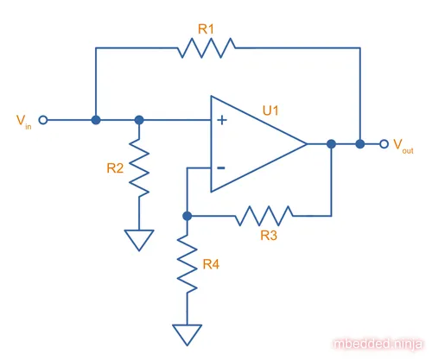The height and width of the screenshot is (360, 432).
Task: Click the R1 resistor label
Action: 206,29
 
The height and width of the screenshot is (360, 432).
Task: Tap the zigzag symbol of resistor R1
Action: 206,47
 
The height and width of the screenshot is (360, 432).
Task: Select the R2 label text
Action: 115,168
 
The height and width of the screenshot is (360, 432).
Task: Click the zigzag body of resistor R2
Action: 139,168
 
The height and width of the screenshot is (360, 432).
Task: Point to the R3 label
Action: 269,236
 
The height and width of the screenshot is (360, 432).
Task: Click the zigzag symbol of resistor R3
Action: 264,216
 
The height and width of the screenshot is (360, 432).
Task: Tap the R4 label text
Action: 211,264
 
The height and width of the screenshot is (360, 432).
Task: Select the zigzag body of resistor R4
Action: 187,264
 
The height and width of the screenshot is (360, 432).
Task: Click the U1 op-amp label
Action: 270,111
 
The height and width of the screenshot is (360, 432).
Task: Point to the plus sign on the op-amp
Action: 222,120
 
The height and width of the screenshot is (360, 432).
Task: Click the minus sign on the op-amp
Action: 221,167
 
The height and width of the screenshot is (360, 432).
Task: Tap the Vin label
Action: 23,122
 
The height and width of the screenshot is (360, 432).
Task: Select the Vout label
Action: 403,146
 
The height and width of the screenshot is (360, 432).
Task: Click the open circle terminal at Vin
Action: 43,120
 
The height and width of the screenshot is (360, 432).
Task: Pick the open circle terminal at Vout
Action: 384,144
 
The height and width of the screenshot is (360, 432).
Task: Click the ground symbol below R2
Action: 139,240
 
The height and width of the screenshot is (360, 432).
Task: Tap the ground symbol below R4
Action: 187,335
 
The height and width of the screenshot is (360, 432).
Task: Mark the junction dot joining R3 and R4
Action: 187,216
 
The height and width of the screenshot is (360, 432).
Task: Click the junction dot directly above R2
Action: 139,120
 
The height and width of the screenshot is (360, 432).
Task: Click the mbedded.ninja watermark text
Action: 378,344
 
